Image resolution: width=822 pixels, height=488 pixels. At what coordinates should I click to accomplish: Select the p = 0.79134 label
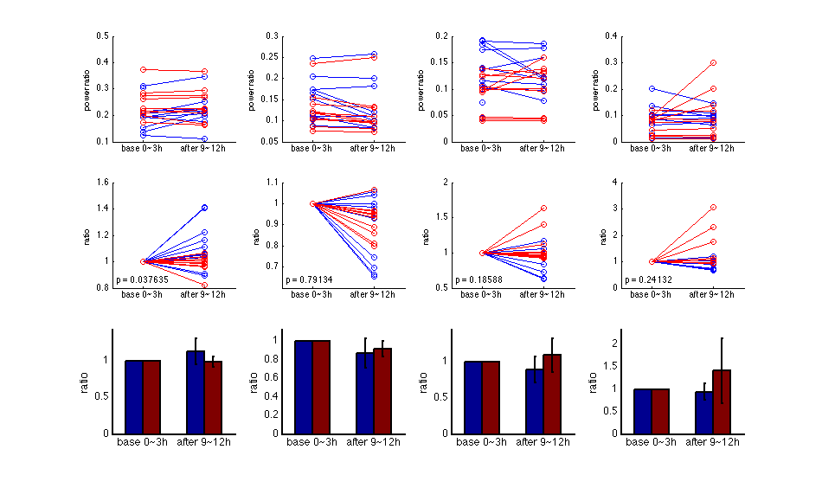pyautogui.click(x=311, y=279)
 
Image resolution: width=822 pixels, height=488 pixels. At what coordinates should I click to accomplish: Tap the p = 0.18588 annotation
pyautogui.click(x=479, y=279)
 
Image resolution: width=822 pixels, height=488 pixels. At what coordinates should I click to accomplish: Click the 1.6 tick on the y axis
pyautogui.click(x=102, y=183)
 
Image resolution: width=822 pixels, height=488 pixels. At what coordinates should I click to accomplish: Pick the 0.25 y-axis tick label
pyautogui.click(x=273, y=57)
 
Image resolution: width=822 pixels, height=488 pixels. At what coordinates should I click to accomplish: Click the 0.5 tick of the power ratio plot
pyautogui.click(x=103, y=36)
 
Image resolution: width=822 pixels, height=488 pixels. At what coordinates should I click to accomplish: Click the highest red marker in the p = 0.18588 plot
pyautogui.click(x=543, y=209)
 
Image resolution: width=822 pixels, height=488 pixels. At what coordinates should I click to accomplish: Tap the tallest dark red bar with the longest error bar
pyautogui.click(x=722, y=401)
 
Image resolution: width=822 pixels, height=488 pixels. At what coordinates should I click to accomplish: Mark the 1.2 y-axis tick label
pyautogui.click(x=102, y=234)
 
